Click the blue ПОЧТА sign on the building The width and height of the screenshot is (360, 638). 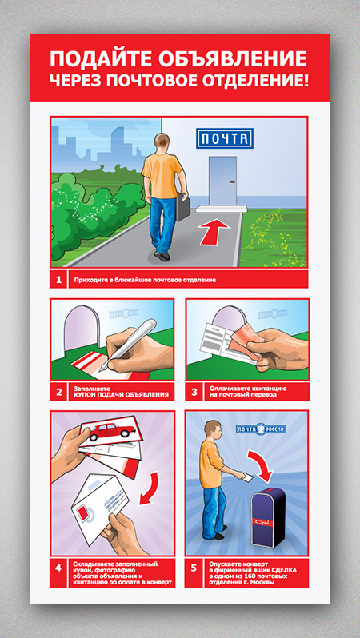coord(224,138)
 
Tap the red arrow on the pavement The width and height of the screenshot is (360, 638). coord(214,232)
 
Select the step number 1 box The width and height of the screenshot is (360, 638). coord(58,280)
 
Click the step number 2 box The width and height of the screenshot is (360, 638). coord(58,393)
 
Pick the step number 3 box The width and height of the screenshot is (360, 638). coord(194,393)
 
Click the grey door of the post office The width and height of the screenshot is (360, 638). coord(222,181)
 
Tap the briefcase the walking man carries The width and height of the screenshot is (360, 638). coord(183,206)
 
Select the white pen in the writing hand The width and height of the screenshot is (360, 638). coord(127,344)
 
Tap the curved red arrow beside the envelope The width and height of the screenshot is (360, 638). coord(150,488)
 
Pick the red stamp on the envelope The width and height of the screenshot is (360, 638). coord(84,508)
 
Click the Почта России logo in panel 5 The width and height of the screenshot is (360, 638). coord(261,429)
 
